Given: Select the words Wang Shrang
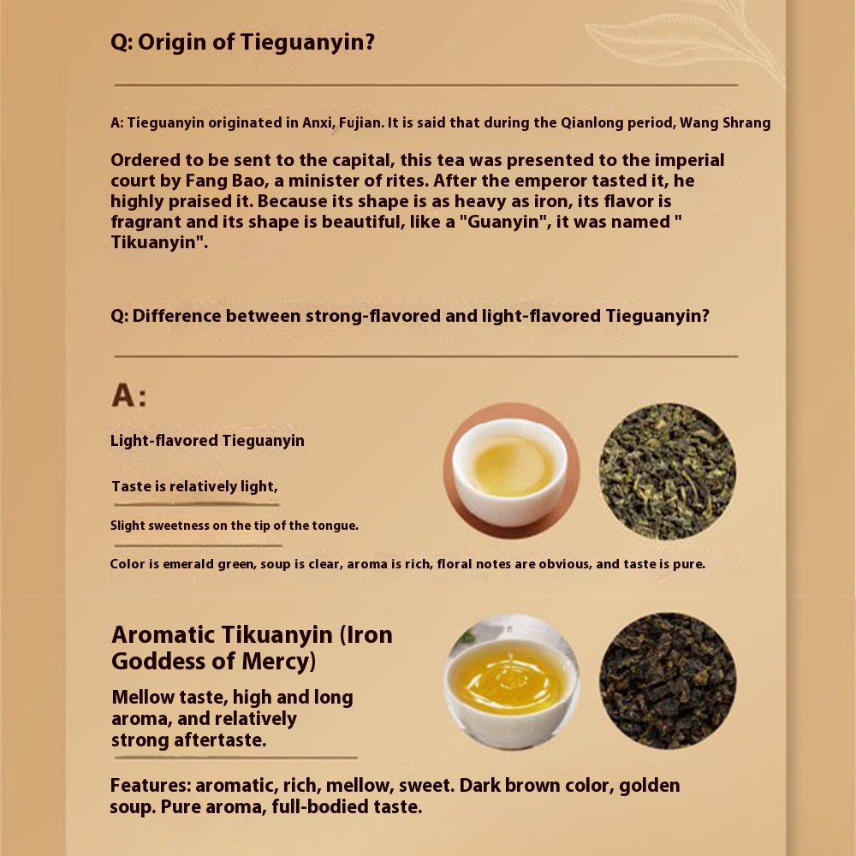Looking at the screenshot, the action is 725,122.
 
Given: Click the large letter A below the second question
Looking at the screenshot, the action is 123,395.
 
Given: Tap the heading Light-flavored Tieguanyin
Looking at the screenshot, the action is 207,441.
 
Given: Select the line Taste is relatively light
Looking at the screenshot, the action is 195,486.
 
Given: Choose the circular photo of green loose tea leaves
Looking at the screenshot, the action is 668,471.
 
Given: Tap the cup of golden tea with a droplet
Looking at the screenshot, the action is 512,681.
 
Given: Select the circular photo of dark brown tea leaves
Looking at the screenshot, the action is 668,681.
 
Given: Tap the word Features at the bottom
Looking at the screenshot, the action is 151,786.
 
